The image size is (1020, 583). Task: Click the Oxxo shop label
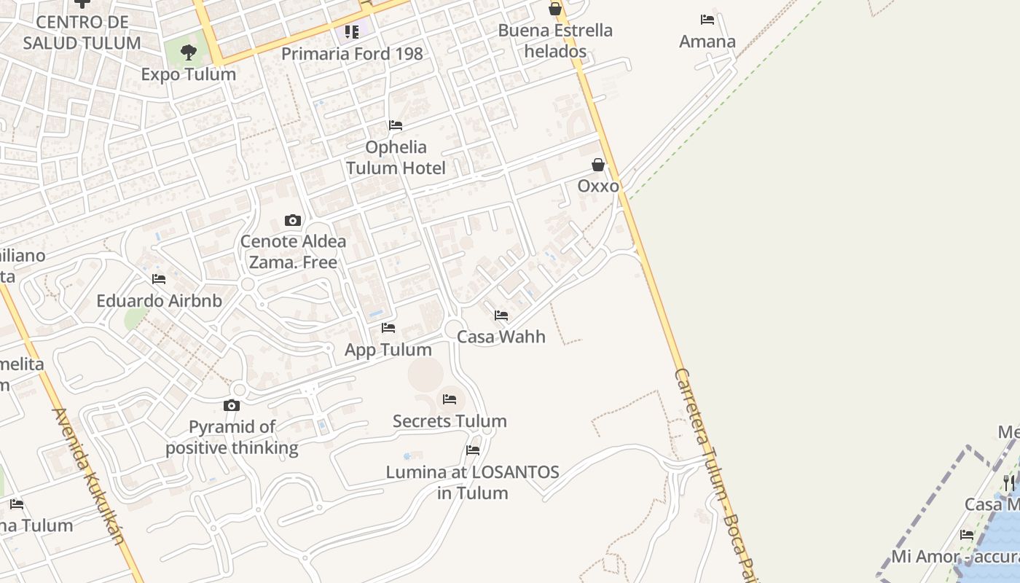[x=598, y=187]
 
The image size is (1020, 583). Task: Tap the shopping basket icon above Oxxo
[x=598, y=165]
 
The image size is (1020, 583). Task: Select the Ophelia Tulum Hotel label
[x=396, y=157]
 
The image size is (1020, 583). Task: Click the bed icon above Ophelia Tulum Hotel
[x=396, y=125]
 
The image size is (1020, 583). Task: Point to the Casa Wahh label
[x=501, y=337]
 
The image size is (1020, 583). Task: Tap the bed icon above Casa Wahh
[x=501, y=316]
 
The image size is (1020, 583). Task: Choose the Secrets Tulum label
[x=450, y=421]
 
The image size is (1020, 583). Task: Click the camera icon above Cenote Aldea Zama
[x=293, y=220]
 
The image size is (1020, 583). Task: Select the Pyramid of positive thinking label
[x=232, y=437]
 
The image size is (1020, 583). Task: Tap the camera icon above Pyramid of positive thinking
[x=232, y=405]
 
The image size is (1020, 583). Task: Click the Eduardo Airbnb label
[x=159, y=300]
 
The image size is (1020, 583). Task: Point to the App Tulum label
[x=388, y=350]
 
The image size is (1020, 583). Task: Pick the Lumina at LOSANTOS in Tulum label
[x=472, y=482]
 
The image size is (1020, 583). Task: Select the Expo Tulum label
[x=188, y=74]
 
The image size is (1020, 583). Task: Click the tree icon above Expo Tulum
[x=189, y=52]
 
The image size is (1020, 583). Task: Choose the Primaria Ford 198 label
[x=352, y=54]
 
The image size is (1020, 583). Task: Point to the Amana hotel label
[x=707, y=42]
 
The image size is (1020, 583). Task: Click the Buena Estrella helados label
[x=555, y=41]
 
